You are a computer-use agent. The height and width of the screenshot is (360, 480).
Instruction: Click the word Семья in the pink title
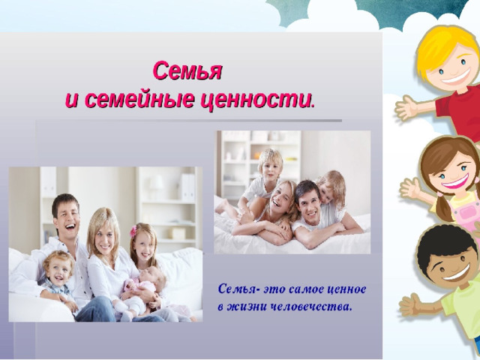click(x=187, y=71)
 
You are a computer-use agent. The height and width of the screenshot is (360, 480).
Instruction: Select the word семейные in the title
click(x=139, y=100)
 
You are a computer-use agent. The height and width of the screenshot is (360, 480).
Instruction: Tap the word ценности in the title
click(x=258, y=100)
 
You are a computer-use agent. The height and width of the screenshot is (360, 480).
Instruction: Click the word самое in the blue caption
click(x=305, y=289)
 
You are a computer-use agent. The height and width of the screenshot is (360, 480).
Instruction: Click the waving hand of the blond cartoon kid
click(x=406, y=107)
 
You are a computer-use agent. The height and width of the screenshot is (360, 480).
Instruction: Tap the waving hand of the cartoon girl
click(x=411, y=187)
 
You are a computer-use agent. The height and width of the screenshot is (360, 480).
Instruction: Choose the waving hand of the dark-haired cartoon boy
click(x=411, y=304)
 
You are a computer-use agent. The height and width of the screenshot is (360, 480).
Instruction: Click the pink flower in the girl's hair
click(x=133, y=231)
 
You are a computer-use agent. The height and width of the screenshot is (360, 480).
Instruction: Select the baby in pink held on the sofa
click(x=144, y=289)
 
